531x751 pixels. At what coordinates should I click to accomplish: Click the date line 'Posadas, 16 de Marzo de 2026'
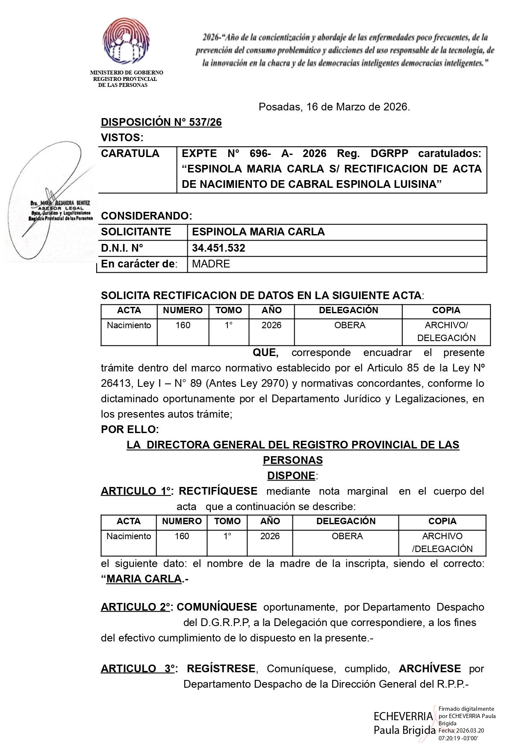(x=334, y=107)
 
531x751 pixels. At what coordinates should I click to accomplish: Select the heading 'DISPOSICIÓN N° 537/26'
(x=161, y=122)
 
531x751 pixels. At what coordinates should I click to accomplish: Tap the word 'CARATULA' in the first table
(x=130, y=154)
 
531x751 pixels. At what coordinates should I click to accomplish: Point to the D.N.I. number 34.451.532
(x=218, y=248)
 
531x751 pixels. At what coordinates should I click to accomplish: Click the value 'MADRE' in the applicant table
(x=211, y=264)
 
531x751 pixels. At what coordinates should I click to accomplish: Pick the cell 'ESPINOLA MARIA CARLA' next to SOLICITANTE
(x=258, y=232)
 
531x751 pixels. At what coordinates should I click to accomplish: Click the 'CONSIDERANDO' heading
(x=146, y=216)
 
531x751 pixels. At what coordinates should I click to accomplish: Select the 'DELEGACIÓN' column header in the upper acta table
(x=348, y=311)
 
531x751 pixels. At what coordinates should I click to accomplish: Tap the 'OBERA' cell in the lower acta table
(x=347, y=536)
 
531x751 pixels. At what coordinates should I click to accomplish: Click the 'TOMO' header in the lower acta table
(x=227, y=521)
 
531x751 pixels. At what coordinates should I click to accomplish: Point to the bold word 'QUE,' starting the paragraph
(x=265, y=353)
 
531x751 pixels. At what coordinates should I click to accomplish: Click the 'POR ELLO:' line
(x=130, y=429)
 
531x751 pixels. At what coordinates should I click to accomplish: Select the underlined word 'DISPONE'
(x=291, y=476)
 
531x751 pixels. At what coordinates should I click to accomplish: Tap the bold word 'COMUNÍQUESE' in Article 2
(x=217, y=607)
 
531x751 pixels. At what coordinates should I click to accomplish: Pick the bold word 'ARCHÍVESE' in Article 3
(x=430, y=669)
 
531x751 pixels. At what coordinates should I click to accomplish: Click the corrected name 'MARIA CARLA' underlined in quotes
(x=144, y=579)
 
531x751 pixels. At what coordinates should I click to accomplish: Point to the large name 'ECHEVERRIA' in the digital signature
(x=403, y=717)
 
